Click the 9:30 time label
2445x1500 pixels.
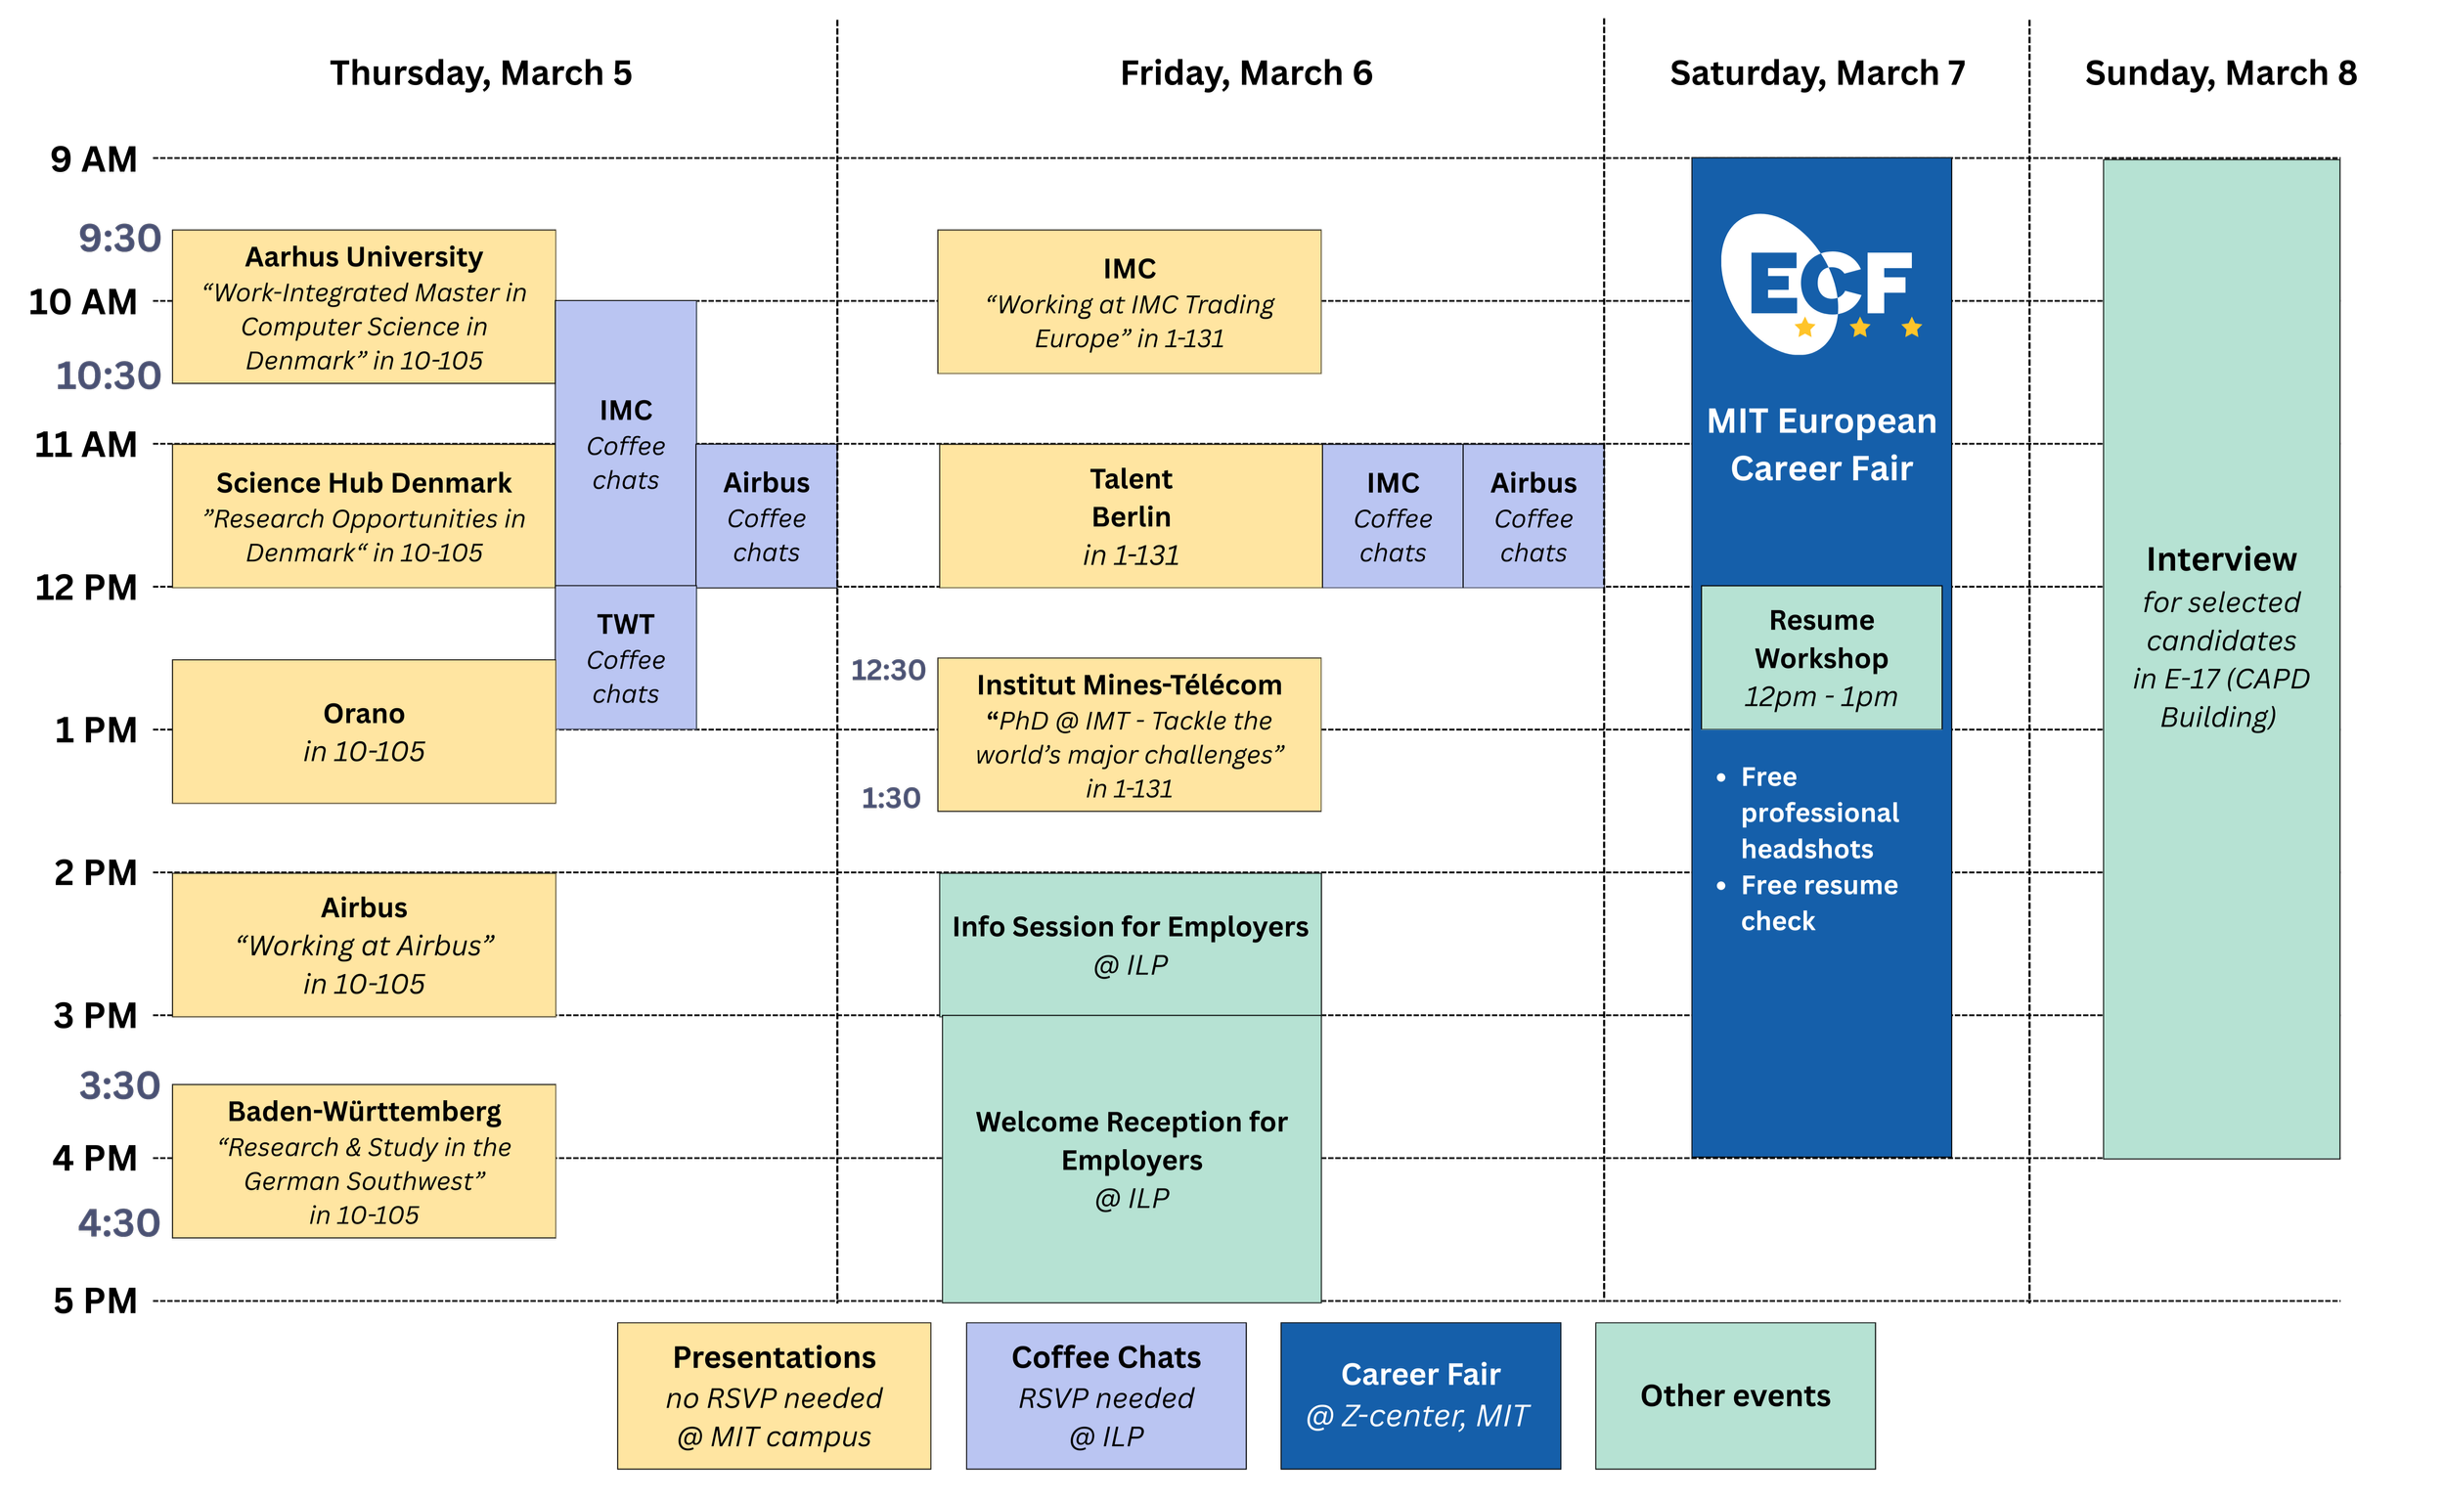(x=120, y=240)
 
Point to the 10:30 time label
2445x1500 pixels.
(x=109, y=376)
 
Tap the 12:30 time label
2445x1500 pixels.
(x=888, y=671)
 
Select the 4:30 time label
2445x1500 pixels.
(x=120, y=1223)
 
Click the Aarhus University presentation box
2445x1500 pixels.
(x=364, y=308)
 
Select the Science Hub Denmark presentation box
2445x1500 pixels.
(x=364, y=517)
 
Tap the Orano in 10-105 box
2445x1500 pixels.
(x=364, y=732)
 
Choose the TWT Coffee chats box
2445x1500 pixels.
(x=625, y=658)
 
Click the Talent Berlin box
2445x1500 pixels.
(x=1131, y=517)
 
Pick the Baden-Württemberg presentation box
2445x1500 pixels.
(x=364, y=1162)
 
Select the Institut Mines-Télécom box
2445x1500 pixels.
(x=1130, y=735)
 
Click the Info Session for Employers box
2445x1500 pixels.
(x=1131, y=945)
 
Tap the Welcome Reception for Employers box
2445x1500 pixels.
(x=1132, y=1159)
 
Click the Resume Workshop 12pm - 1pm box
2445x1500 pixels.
(x=1821, y=658)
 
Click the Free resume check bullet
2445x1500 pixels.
(x=1818, y=903)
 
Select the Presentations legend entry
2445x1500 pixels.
(x=774, y=1395)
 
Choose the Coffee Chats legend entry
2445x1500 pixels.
(x=1105, y=1395)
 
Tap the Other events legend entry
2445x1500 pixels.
(x=1735, y=1395)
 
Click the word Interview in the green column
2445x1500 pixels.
(x=2221, y=559)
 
